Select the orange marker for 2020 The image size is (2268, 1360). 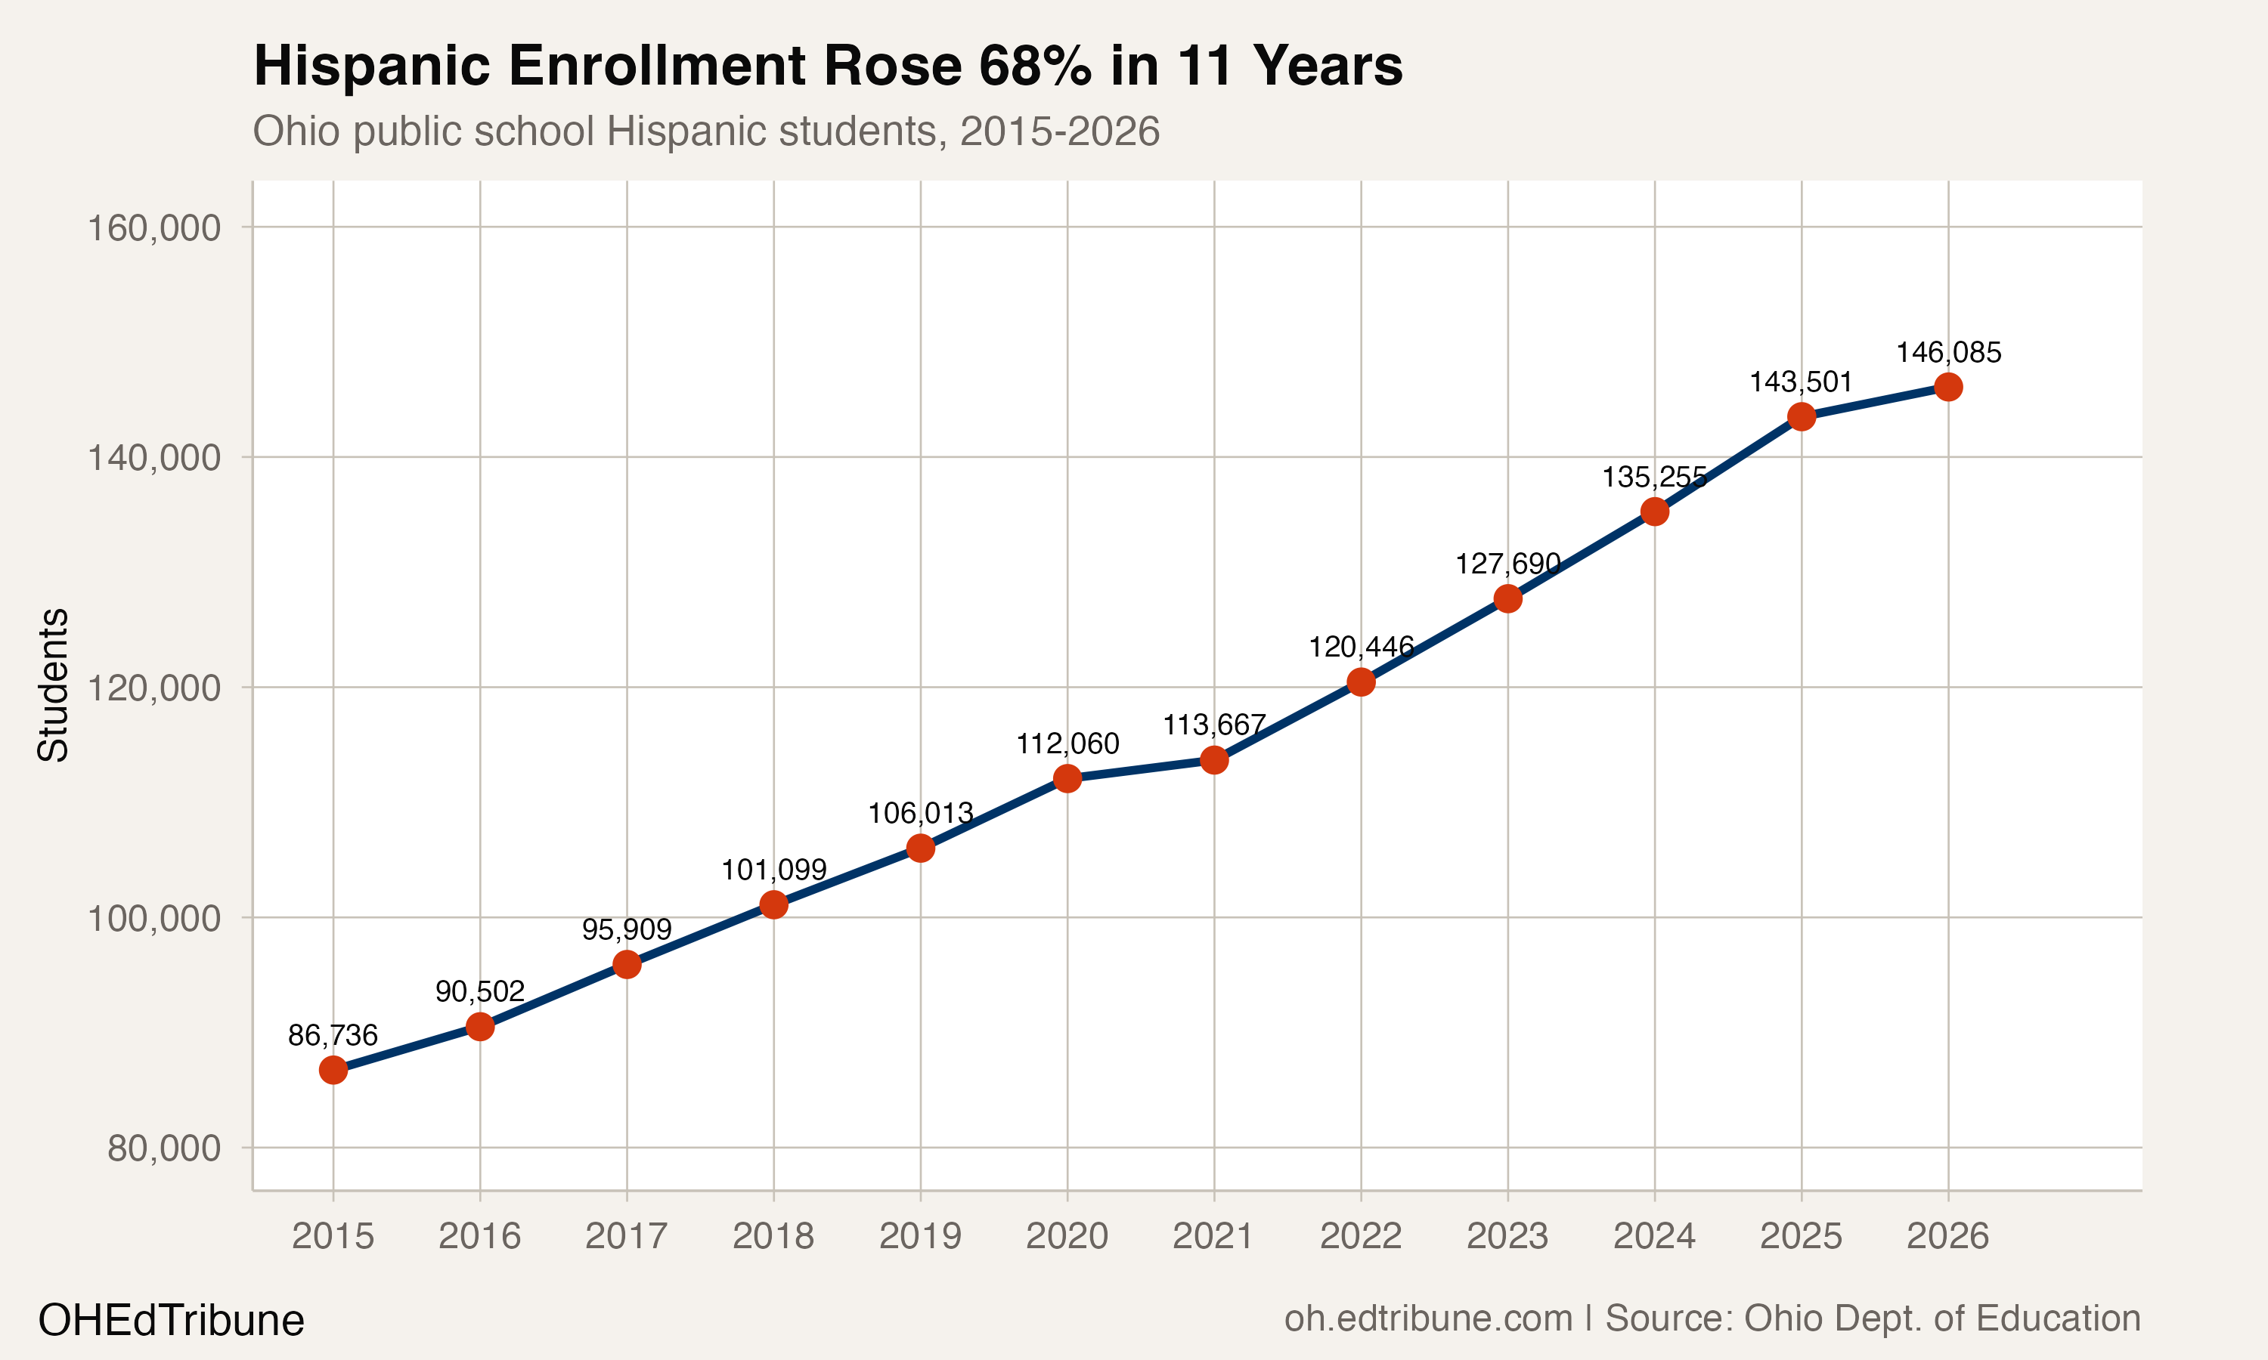[1067, 778]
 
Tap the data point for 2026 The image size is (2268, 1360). [1948, 387]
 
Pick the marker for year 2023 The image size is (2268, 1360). [1507, 598]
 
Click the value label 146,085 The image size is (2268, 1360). [1948, 352]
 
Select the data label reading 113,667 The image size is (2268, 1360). [1213, 725]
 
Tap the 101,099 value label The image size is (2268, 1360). [773, 869]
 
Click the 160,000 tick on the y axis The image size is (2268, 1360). [154, 227]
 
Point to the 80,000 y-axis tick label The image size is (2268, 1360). [164, 1148]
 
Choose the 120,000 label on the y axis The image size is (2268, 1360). [154, 688]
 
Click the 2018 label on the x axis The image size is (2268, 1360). [773, 1236]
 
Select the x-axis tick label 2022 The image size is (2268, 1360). [1361, 1236]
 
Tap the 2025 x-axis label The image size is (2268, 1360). [1801, 1236]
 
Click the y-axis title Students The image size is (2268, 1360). [53, 685]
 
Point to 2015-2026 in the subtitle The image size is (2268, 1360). [1059, 131]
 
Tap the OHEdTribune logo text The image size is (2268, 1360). [172, 1320]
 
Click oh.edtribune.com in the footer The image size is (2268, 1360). [1427, 1318]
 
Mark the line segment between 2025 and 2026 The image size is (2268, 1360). [1875, 401]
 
